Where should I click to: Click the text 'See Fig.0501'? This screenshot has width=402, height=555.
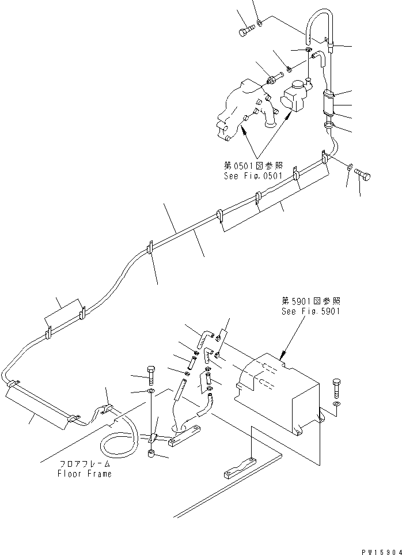(252, 176)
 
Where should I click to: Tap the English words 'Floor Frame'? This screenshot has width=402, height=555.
(84, 474)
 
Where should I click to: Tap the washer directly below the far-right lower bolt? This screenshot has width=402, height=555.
(336, 403)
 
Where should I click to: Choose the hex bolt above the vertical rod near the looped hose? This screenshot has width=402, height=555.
(151, 373)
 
